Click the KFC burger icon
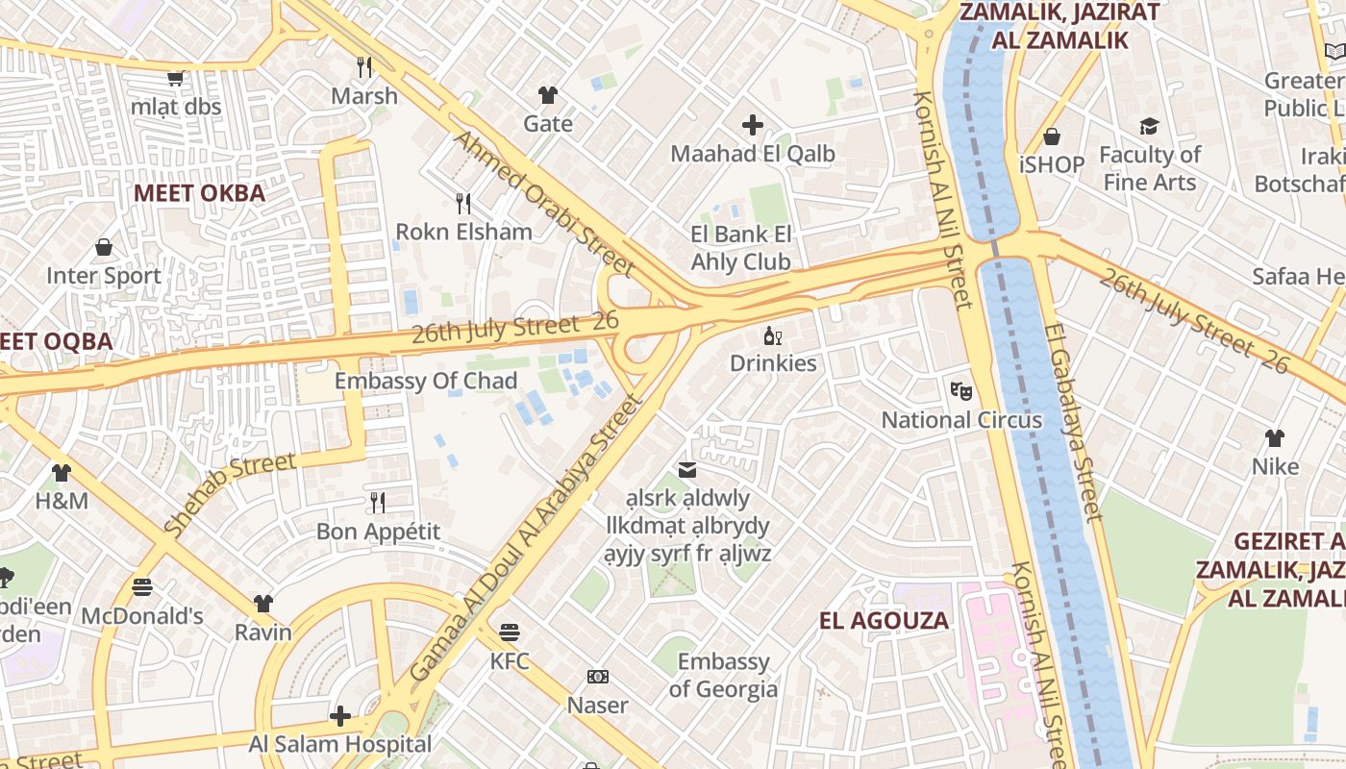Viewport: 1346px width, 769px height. coord(510,633)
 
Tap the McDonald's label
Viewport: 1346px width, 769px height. coord(142,615)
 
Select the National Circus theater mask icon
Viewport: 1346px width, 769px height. coord(961,391)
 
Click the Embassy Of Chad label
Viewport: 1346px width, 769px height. coord(425,381)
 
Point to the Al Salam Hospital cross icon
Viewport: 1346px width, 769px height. coord(340,716)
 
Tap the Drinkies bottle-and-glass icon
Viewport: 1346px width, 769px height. coord(772,335)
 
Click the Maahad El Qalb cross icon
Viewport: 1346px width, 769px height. coord(753,125)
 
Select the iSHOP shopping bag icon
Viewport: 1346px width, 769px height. coord(1053,136)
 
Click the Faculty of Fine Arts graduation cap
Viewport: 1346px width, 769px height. coord(1149,127)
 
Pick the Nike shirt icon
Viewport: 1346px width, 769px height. coord(1275,438)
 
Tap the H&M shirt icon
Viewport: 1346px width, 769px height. coord(62,473)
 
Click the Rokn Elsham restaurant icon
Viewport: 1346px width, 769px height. coord(463,203)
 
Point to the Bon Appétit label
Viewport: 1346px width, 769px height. coord(379,531)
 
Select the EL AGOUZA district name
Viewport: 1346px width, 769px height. coord(884,620)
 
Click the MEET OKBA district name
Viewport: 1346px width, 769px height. coord(199,192)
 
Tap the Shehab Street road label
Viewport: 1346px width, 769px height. coord(230,493)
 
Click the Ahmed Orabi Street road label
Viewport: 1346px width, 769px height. coord(543,203)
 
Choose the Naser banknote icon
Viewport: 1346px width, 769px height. coord(598,677)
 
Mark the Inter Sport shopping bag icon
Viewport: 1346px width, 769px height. coord(104,248)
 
